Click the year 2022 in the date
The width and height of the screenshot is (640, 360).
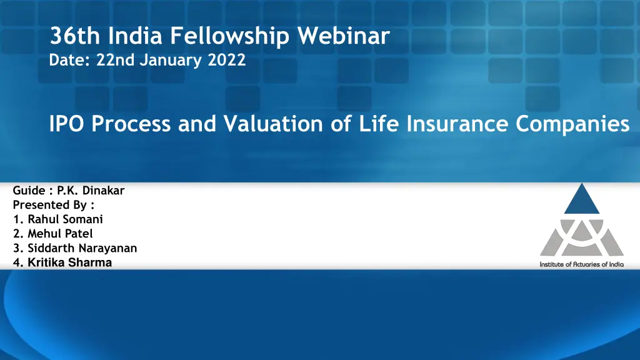point(227,61)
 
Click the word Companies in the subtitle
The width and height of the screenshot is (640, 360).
point(572,124)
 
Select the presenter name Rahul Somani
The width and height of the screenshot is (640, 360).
point(65,219)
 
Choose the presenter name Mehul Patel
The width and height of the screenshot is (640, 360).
point(60,234)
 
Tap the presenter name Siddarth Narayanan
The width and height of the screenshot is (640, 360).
point(82,248)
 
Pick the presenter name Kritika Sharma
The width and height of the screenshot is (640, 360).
point(69,262)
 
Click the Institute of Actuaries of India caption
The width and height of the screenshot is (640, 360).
point(581,264)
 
